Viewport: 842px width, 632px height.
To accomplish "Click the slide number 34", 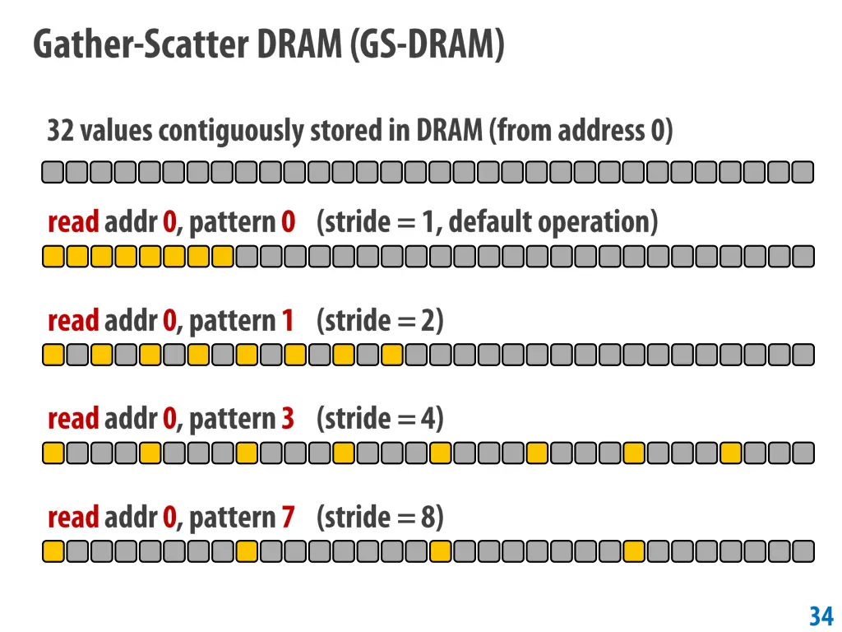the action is pos(821,616).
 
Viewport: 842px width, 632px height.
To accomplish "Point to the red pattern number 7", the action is pos(287,518).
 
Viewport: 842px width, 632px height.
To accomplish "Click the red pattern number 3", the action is pos(287,419).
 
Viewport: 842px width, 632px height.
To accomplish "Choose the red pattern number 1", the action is pos(287,320).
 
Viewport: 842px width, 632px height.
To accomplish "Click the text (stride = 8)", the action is pos(380,518).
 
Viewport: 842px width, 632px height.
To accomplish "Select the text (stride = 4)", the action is pos(380,419).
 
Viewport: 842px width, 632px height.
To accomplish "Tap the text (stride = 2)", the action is pos(380,320).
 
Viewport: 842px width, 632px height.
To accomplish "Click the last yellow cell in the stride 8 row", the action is pos(633,551).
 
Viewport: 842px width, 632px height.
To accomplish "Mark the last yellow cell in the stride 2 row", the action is pos(392,355).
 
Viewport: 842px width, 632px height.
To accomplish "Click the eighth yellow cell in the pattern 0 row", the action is pos(223,257).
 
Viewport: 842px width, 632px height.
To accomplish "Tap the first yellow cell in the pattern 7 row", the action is pos(53,551).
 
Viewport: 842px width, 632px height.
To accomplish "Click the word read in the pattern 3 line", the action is pos(73,419).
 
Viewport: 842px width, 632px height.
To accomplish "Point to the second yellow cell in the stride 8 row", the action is pos(247,551).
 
